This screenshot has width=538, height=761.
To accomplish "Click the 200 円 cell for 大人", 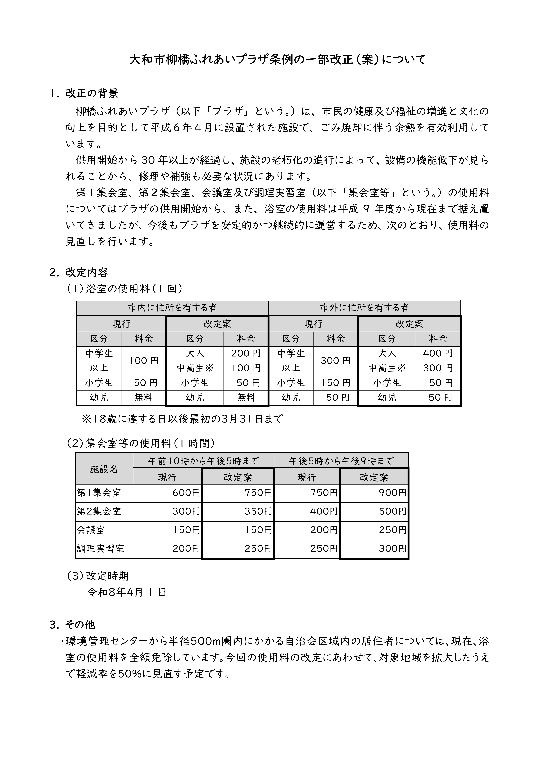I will tap(246, 353).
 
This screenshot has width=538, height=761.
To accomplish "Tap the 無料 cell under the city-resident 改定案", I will tap(246, 397).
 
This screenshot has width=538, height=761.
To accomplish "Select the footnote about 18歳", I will tap(182, 419).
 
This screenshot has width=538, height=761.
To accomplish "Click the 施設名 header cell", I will tap(104, 469).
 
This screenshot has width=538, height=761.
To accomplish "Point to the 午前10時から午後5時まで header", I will tap(203, 461).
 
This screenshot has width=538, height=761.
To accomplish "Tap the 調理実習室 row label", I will tap(101, 549).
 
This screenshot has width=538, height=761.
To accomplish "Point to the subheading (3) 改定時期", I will tap(98, 576).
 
